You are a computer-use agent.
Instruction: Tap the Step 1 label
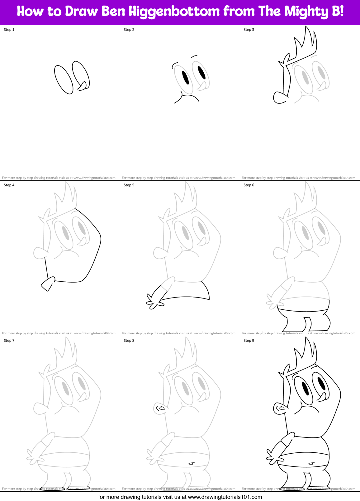[x=9, y=30]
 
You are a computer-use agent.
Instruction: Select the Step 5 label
[x=129, y=185]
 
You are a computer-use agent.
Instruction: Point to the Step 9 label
[x=249, y=341]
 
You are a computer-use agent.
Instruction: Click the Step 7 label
[x=9, y=341]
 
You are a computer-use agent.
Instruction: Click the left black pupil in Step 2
[x=185, y=78]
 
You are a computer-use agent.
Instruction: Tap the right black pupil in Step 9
[x=321, y=383]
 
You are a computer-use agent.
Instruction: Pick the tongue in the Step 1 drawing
[x=83, y=86]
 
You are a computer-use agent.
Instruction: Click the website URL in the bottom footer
[x=225, y=497]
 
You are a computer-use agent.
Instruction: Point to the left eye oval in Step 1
[x=64, y=79]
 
